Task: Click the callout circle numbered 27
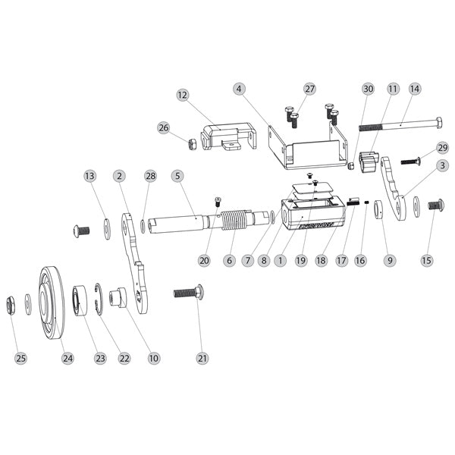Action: (x=309, y=89)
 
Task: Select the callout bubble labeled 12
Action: (x=182, y=96)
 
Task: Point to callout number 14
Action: (x=414, y=89)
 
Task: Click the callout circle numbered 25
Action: (x=20, y=358)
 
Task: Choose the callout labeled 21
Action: (x=201, y=358)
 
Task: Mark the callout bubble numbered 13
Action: (x=90, y=176)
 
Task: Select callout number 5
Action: (x=177, y=176)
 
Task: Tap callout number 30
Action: (x=368, y=89)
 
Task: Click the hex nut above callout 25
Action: (x=13, y=303)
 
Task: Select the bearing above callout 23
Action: (x=80, y=301)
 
